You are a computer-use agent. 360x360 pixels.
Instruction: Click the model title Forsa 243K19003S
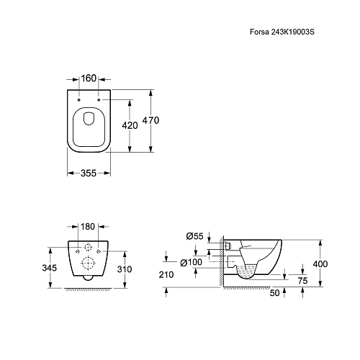(282, 32)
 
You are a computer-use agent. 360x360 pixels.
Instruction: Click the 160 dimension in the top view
(89, 78)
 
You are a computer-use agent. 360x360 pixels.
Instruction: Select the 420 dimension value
(130, 125)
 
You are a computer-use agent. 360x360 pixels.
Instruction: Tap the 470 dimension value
(150, 120)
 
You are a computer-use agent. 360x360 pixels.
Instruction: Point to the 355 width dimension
(89, 173)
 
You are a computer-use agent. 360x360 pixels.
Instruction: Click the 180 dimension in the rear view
(88, 226)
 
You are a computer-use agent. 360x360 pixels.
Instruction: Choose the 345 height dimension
(50, 268)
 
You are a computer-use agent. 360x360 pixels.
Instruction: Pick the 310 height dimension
(125, 269)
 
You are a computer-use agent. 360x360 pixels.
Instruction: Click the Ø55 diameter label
(194, 236)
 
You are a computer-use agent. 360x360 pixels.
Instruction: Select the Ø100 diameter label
(192, 262)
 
